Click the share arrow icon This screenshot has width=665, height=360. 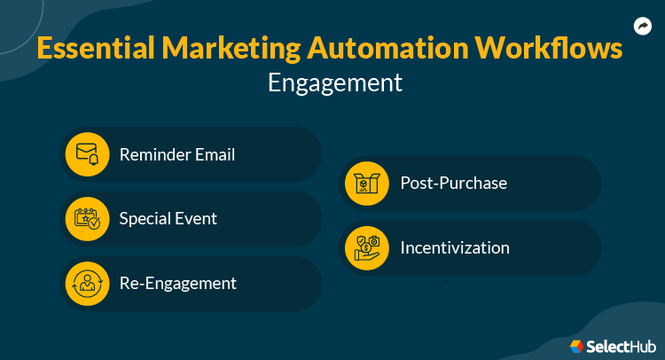pyautogui.click(x=643, y=27)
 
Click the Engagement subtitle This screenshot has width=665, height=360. pyautogui.click(x=334, y=83)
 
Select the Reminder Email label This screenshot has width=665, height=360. pyautogui.click(x=177, y=154)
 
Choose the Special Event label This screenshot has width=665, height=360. pyautogui.click(x=168, y=219)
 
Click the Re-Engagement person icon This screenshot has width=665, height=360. pyautogui.click(x=87, y=284)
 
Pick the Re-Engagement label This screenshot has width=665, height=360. pyautogui.click(x=178, y=284)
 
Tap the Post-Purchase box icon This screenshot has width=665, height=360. pyautogui.click(x=366, y=184)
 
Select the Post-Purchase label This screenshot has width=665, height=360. pyautogui.click(x=453, y=184)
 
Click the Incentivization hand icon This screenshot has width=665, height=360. pyautogui.click(x=366, y=248)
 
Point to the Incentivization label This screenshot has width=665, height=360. pyautogui.click(x=455, y=248)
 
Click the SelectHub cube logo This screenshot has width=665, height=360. pyautogui.click(x=577, y=345)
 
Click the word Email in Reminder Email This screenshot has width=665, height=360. pyautogui.click(x=215, y=154)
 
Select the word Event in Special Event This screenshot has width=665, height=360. pyautogui.click(x=197, y=219)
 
